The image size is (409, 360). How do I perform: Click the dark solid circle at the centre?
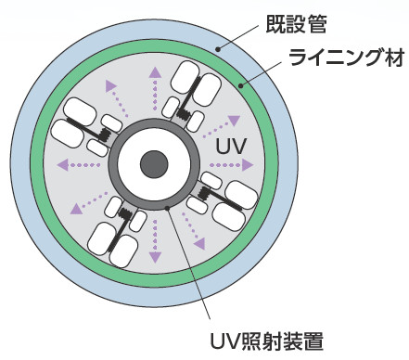153,166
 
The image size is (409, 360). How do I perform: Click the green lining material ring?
37,167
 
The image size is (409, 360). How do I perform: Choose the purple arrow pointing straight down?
153,244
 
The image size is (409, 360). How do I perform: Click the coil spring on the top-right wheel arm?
185,115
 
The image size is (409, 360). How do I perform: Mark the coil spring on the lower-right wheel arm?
201,192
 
